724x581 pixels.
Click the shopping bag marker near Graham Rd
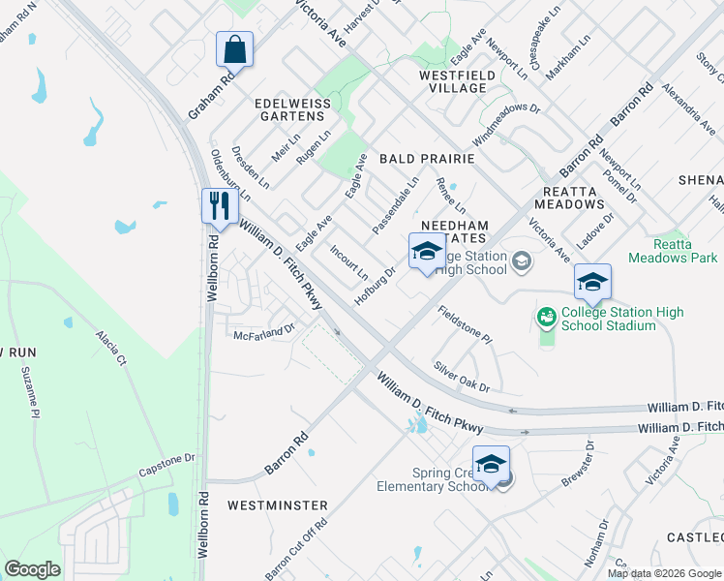tap(234, 47)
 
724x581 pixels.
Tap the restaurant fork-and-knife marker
tap(219, 205)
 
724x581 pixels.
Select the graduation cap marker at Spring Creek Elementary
tap(491, 464)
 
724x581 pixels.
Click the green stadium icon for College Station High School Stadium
tap(547, 317)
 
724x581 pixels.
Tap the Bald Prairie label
tap(426, 157)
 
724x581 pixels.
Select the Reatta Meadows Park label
tap(673, 251)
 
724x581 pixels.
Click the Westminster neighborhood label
tap(277, 505)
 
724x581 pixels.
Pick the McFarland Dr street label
tap(264, 334)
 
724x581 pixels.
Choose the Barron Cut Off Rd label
tap(297, 546)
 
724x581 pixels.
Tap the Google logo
tap(32, 569)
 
